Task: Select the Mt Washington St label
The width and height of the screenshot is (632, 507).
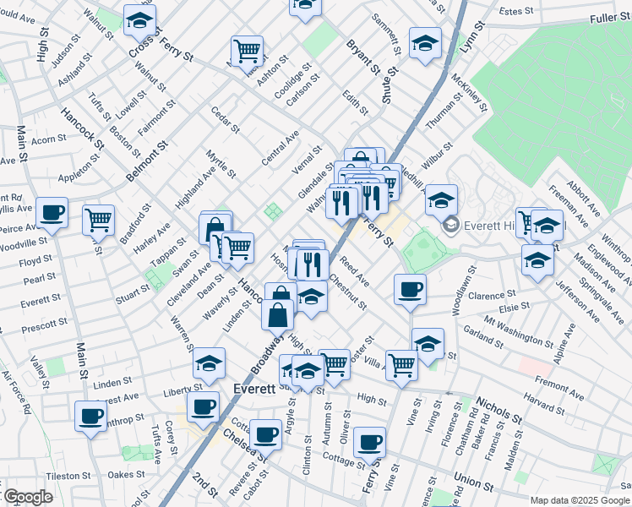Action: click(512, 330)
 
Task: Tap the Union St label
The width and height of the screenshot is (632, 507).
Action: click(473, 483)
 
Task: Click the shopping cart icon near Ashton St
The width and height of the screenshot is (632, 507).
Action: click(247, 50)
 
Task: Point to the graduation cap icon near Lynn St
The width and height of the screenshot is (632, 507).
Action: click(425, 41)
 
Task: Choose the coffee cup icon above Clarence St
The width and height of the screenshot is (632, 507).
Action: click(410, 289)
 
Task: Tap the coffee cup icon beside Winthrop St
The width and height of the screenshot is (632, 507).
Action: click(90, 415)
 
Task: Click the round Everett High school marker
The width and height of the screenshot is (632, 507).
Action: click(450, 224)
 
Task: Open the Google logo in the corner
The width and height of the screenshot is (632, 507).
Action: click(28, 497)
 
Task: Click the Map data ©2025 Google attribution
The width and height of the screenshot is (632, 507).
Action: click(580, 500)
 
